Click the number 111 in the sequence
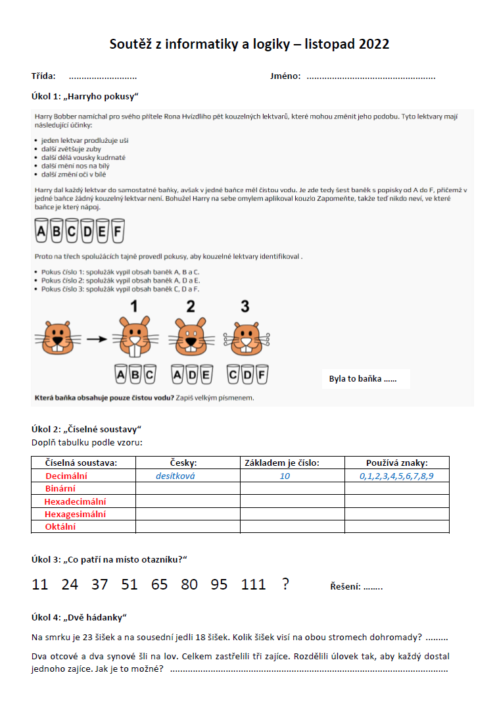coord(253,584)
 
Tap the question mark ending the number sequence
coord(285,584)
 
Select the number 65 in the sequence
coord(159,584)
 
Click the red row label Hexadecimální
coord(75,501)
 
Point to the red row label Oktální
coord(60,526)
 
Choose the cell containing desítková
coord(176,476)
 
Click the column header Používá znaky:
coord(396,463)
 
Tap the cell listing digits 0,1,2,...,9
coord(396,476)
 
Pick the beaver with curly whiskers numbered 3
coord(246,337)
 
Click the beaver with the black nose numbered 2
coord(191,337)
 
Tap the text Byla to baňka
coord(362,379)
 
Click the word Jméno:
coord(285,76)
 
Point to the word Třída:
coord(43,76)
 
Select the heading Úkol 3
coord(47,559)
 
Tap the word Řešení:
coord(345,586)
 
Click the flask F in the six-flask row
coord(118,232)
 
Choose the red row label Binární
coord(60,489)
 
